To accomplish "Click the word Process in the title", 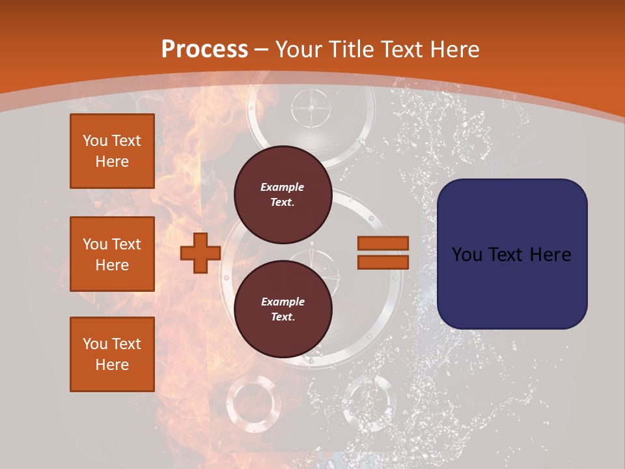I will pyautogui.click(x=204, y=50).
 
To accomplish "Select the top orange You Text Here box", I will pyautogui.click(x=112, y=151).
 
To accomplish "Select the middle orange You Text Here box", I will pyautogui.click(x=112, y=254).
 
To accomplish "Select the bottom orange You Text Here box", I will pyautogui.click(x=112, y=354).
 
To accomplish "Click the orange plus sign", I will pyautogui.click(x=201, y=253).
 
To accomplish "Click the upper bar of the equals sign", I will pyautogui.click(x=383, y=243).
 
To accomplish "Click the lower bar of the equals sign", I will pyautogui.click(x=383, y=262).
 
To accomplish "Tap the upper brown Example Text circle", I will pyautogui.click(x=283, y=194).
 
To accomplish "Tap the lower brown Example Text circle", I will pyautogui.click(x=283, y=309).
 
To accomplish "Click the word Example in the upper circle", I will pyautogui.click(x=283, y=187).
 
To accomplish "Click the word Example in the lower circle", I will pyautogui.click(x=283, y=302).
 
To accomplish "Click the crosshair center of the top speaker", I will pyautogui.click(x=311, y=106).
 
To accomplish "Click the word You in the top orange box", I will pyautogui.click(x=95, y=141).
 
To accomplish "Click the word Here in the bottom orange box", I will pyautogui.click(x=112, y=365).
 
